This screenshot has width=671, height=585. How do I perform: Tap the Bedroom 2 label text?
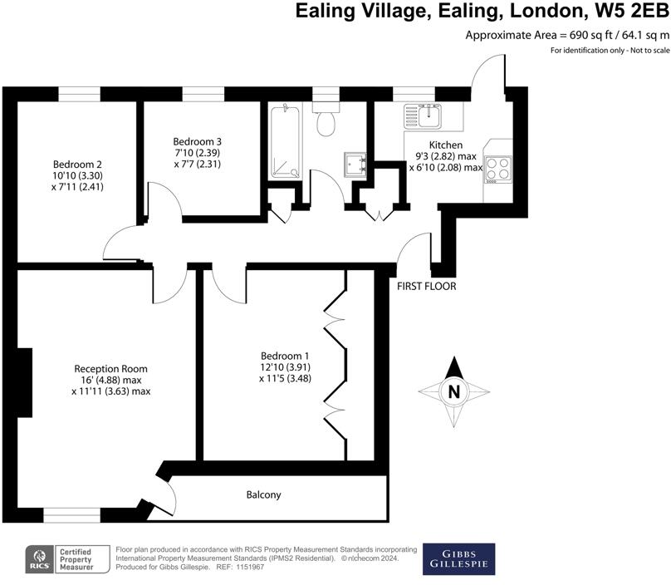[77, 164]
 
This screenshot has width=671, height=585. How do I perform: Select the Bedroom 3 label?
[197, 141]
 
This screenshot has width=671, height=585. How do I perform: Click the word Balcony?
[263, 495]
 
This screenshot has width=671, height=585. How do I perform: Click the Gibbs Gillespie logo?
[458, 559]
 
